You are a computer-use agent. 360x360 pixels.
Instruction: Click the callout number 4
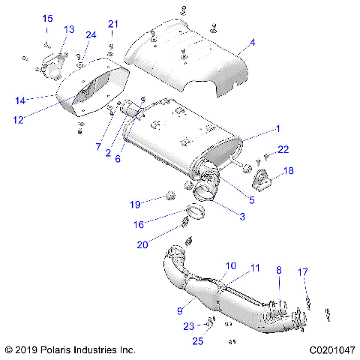[x=253, y=43]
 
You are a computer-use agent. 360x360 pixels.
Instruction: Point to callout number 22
[x=283, y=151]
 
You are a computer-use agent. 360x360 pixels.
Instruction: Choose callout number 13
[x=69, y=29]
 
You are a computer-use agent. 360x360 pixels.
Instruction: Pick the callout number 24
[x=91, y=35]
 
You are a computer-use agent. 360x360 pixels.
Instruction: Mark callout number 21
[x=113, y=24]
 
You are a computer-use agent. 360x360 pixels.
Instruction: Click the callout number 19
[x=135, y=204]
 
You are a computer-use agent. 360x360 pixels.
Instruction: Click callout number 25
[x=198, y=342]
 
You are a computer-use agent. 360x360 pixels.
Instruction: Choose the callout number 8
[x=278, y=270]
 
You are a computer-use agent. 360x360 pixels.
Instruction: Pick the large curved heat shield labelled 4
[x=187, y=56]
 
